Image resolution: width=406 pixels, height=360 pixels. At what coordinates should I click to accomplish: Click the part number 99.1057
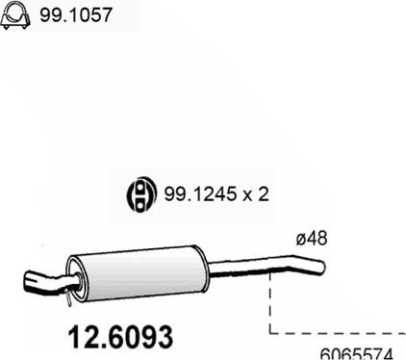[76, 14]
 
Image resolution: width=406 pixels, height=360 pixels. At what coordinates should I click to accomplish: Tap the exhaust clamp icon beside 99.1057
[15, 16]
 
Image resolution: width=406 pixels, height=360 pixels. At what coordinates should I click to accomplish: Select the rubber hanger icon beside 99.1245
[140, 194]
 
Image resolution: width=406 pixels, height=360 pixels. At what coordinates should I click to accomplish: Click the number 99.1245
[199, 193]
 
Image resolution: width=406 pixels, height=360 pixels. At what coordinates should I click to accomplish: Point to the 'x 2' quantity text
[255, 194]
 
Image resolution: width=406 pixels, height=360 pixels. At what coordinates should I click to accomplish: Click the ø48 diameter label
[312, 238]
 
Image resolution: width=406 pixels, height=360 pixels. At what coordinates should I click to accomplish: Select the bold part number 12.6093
[120, 337]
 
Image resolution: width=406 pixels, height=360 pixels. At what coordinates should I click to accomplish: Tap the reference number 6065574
[356, 354]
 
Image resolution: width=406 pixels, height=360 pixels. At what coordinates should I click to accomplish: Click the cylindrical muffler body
[138, 273]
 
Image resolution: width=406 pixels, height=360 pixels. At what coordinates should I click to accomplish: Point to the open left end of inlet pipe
[28, 282]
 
